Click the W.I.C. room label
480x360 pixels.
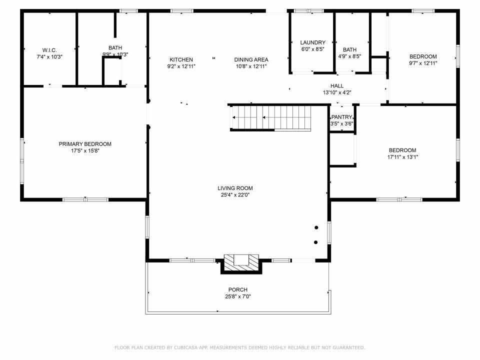pos(49,50)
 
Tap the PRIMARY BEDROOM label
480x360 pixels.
pos(85,144)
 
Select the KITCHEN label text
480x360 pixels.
pos(181,59)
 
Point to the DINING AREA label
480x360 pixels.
pos(251,59)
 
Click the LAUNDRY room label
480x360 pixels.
pos(312,42)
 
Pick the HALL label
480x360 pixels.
pos(336,86)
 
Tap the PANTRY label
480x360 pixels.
pos(341,117)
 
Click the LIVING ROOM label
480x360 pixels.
pos(235,188)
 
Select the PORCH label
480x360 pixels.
pos(238,289)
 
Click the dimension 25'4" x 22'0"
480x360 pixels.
pos(235,195)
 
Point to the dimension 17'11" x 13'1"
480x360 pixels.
pos(402,157)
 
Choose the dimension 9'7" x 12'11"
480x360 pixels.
pos(423,63)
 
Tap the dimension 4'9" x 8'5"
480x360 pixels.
pos(349,56)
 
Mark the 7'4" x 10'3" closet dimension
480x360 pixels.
pos(49,57)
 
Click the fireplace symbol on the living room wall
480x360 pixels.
pos(241,263)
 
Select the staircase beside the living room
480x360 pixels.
pos(270,118)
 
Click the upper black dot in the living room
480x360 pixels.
pos(316,227)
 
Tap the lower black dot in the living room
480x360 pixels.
pos(315,242)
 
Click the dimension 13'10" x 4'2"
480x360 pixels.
pos(336,93)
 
